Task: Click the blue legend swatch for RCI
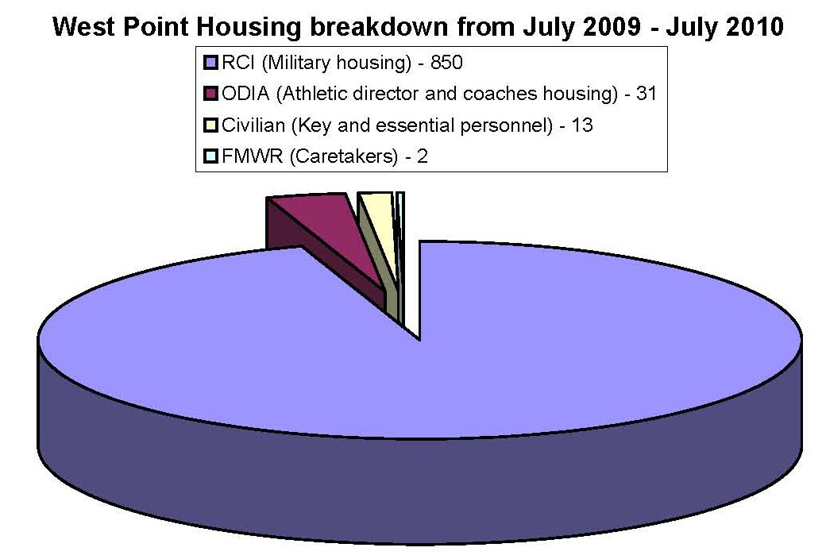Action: pos(210,63)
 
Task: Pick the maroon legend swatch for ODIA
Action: pos(210,94)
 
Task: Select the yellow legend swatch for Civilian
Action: pos(210,125)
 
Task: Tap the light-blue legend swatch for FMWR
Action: pos(210,156)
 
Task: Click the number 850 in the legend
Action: pos(446,63)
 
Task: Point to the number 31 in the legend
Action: pos(647,94)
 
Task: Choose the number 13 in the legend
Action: pos(582,125)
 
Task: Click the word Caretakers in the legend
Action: pos(344,156)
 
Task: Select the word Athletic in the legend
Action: pos(312,94)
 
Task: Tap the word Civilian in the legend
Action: pos(253,125)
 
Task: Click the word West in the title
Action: pos(84,26)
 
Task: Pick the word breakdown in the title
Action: pos(380,26)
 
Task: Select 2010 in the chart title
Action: pos(755,26)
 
